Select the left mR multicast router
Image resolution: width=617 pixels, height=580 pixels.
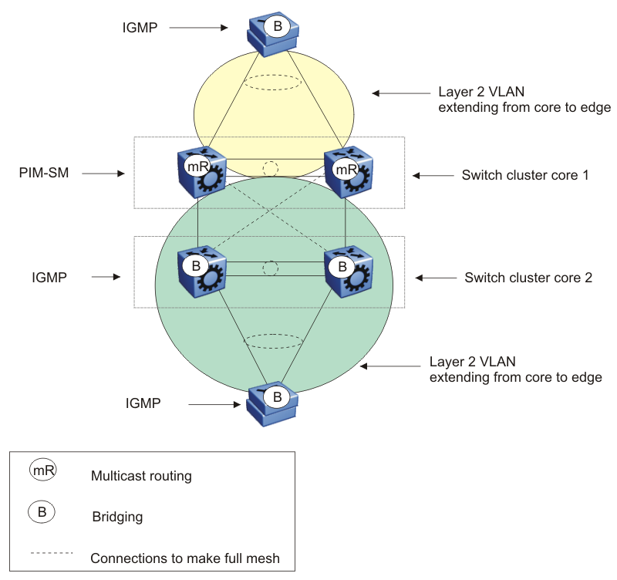pos(200,174)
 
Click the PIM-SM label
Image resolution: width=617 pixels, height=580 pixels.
pos(43,174)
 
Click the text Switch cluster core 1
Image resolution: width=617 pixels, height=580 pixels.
pos(525,175)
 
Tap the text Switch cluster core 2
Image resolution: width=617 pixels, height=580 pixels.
pos(528,277)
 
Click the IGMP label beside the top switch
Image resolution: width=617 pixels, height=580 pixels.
pos(141,28)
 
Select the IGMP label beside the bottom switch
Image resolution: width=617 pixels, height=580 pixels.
pos(143,403)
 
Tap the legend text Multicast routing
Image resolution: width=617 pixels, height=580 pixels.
pos(141,476)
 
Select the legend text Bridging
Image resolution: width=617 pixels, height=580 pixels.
pos(117,516)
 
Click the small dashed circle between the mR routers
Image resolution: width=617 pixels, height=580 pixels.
pos(270,168)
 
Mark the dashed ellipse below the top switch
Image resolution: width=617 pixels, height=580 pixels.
pos(272,82)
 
